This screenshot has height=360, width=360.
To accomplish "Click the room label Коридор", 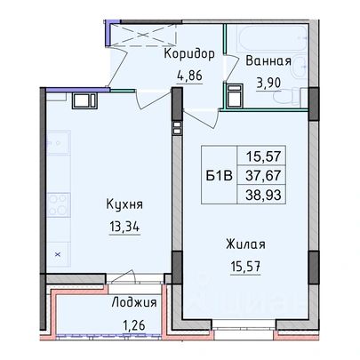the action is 189,54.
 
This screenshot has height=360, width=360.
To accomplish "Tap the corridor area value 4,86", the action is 189,76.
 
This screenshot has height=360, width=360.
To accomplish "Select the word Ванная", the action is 268,61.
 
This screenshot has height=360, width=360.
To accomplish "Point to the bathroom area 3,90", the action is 268,84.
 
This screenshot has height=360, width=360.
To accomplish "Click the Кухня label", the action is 124,204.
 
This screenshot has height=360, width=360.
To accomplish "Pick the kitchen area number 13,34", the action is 124,228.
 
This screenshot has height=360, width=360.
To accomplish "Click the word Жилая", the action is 245,244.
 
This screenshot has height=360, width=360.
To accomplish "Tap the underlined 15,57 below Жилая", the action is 245,267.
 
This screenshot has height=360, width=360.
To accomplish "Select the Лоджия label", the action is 134,303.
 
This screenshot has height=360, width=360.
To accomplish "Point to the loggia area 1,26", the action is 134,325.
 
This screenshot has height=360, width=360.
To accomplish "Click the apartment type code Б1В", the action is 219,176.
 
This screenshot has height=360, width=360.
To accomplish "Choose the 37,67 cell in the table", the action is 263,176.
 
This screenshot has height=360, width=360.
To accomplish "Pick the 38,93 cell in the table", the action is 263,195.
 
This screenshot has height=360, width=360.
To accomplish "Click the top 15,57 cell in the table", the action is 263,156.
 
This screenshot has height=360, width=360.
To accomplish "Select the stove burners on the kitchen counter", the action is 58,204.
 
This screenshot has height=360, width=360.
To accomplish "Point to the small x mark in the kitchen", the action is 58,254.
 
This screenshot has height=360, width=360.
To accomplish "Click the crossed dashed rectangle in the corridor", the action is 143,35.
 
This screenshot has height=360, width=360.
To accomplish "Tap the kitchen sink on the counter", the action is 58,142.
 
